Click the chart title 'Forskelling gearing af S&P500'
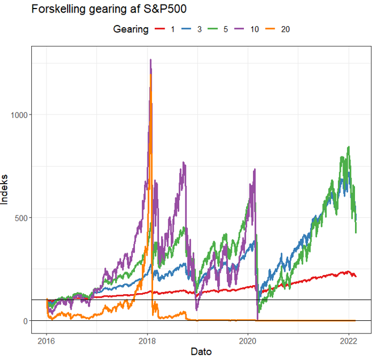tap(109, 9)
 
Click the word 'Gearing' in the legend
tap(130, 29)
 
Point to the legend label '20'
tap(285, 29)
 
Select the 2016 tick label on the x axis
tap(47, 340)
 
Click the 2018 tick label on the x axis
tap(147, 340)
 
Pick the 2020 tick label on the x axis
tap(248, 340)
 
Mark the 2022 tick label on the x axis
tap(348, 340)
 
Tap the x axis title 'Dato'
tap(201, 352)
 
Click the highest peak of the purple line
tap(150, 60)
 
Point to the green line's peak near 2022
tap(348, 147)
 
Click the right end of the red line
tap(356, 276)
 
